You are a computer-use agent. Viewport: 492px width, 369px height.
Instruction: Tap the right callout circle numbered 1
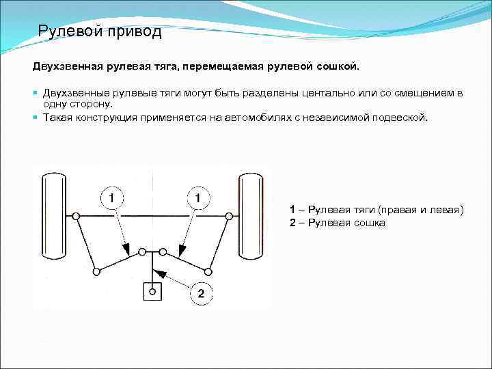click(x=197, y=197)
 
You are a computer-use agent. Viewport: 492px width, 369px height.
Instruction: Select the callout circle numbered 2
click(x=200, y=294)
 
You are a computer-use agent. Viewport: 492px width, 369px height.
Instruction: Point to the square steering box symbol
click(x=152, y=291)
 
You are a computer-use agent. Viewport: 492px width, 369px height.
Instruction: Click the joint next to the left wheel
click(x=76, y=216)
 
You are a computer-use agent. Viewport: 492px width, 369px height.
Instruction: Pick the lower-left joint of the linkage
click(x=96, y=271)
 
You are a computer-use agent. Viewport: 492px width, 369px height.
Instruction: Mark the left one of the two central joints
click(x=142, y=252)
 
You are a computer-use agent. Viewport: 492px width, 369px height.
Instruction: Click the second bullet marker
click(x=36, y=118)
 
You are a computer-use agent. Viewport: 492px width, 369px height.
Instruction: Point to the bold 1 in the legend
click(x=292, y=210)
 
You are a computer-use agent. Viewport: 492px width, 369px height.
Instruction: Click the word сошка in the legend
click(x=370, y=223)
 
